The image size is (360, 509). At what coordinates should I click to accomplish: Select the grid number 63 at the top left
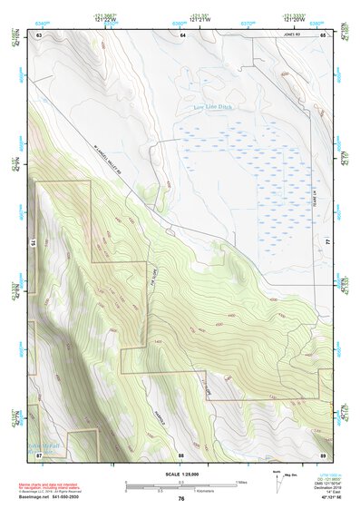tap(39, 34)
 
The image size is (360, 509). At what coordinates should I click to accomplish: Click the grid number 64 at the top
tap(181, 34)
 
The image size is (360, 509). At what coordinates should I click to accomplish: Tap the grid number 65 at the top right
tap(323, 34)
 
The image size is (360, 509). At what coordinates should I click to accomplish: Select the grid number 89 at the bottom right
tap(323, 454)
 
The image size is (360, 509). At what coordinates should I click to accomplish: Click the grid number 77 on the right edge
tap(328, 243)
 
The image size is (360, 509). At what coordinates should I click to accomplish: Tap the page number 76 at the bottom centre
tap(181, 498)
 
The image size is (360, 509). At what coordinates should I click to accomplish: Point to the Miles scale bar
tap(181, 485)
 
